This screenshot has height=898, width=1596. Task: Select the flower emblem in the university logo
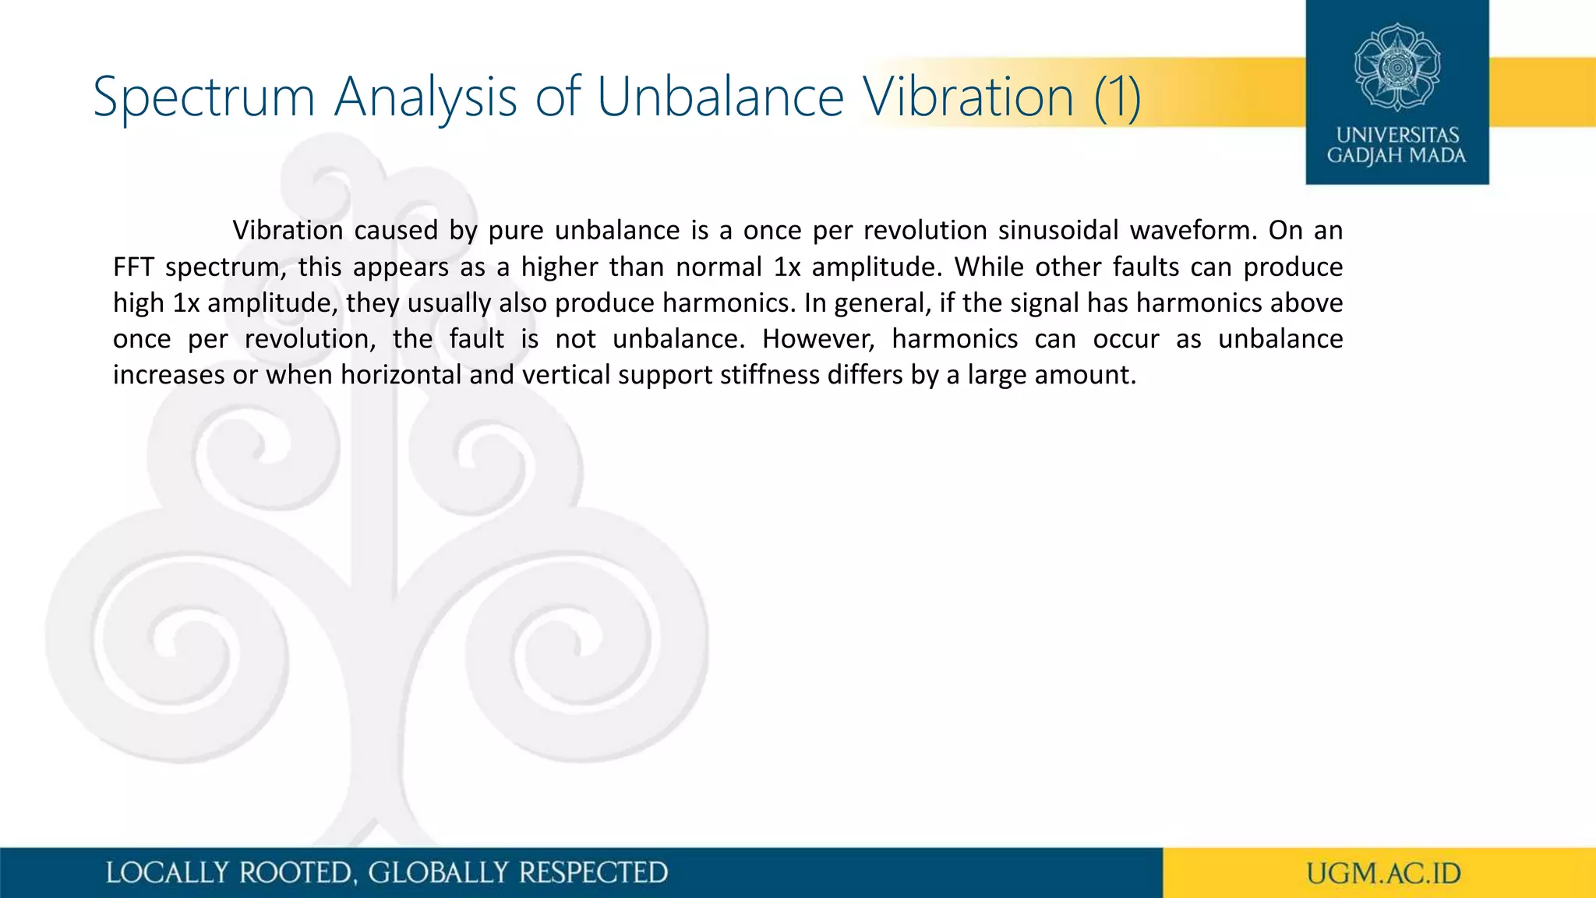pos(1396,67)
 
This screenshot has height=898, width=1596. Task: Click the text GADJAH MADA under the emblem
pos(1396,156)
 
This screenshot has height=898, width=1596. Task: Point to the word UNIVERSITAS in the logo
pos(1397,135)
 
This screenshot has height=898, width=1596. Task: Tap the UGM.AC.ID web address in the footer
pos(1383,873)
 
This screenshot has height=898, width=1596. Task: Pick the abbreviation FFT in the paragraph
pos(133,267)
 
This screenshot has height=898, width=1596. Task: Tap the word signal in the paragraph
pos(1044,303)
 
